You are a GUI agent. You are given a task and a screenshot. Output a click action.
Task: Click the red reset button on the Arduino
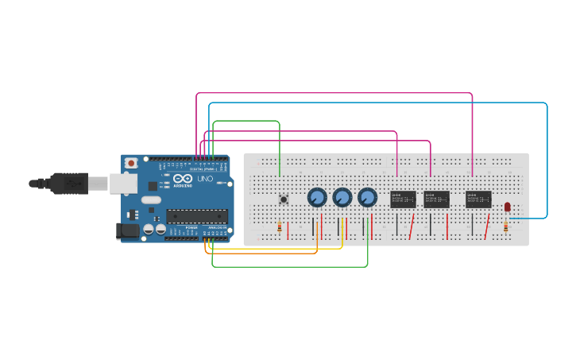pos(131,163)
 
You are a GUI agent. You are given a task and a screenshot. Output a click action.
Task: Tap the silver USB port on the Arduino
pos(122,184)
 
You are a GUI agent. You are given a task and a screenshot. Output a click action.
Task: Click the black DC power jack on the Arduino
pos(127,231)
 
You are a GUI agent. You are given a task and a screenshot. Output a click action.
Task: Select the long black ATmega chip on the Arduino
pos(197,215)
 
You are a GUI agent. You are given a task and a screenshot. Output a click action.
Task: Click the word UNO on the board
pos(205,179)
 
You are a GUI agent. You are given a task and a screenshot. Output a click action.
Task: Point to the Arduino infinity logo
pos(182,178)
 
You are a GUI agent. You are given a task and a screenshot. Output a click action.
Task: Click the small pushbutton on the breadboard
pos(284,199)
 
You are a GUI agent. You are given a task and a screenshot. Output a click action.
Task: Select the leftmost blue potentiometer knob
pos(317,197)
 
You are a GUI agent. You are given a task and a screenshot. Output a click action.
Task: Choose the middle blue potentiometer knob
pos(342,197)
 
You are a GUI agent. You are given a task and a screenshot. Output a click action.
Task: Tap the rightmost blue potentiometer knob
pos(367,197)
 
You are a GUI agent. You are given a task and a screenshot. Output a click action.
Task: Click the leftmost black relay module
pos(404,199)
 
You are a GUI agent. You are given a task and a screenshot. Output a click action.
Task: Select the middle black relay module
pos(437,199)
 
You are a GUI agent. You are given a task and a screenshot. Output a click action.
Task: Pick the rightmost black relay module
pos(478,199)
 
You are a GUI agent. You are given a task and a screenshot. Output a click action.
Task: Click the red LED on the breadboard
pos(508,207)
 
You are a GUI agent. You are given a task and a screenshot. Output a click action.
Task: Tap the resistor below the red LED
pos(506,227)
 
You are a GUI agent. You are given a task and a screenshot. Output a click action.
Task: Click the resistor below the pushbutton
pos(280,227)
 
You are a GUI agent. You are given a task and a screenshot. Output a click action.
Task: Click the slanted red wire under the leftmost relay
pos(412,226)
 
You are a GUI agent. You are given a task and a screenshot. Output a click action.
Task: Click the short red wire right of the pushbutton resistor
pos(288,230)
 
